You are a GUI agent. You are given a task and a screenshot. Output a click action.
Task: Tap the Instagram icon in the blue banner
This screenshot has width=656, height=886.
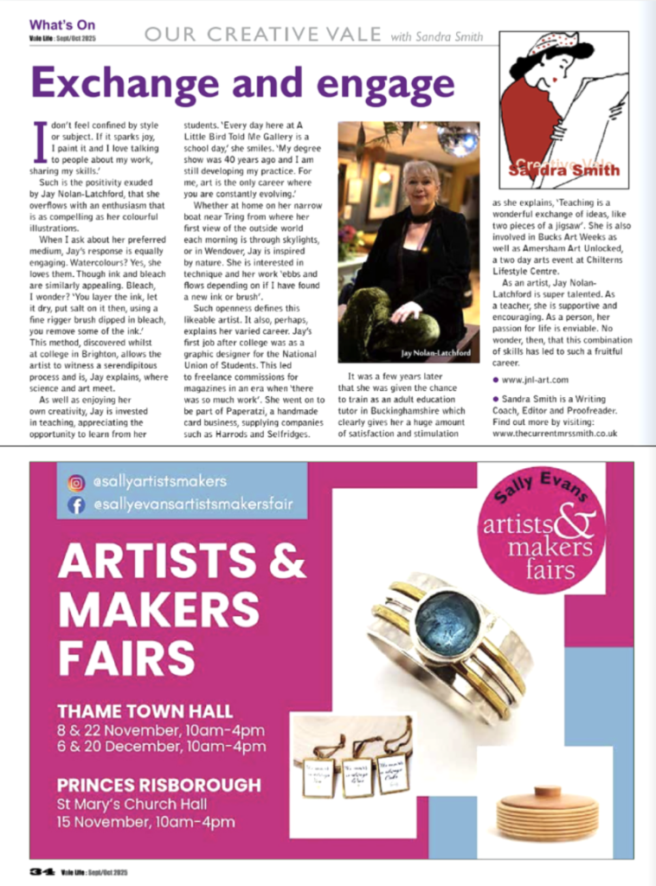[75, 482]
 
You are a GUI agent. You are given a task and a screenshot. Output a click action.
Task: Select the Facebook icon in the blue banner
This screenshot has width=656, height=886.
[75, 504]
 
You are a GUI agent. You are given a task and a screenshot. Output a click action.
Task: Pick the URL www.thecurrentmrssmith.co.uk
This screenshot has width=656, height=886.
[554, 433]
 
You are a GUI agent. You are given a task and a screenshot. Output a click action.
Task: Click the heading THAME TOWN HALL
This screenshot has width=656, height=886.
[145, 711]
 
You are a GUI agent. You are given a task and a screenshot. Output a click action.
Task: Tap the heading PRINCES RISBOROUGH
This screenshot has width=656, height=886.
[158, 785]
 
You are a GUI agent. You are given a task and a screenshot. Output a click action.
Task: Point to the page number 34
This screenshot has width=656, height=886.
[41, 871]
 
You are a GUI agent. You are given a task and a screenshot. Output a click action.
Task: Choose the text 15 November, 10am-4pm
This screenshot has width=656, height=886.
[145, 821]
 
